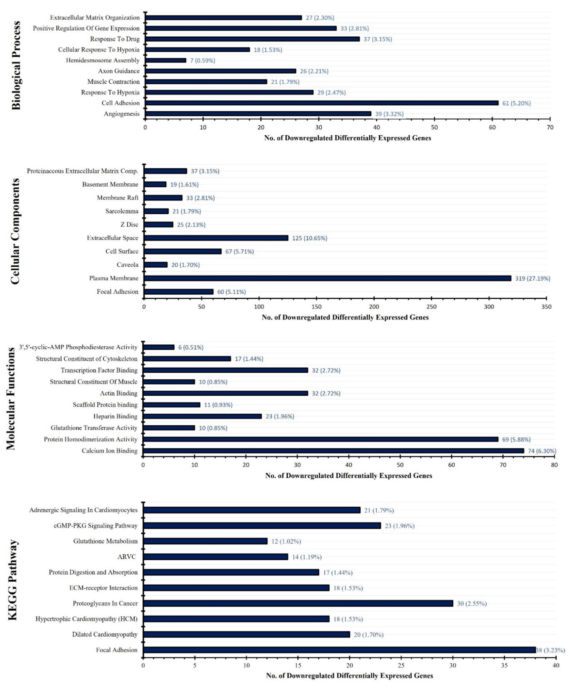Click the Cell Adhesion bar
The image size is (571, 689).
[x=322, y=103]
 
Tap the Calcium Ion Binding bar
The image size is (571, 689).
[x=333, y=451]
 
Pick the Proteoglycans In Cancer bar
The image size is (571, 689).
[x=298, y=603]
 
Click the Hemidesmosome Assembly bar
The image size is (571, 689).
[x=166, y=60]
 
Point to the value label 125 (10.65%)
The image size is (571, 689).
[x=310, y=238]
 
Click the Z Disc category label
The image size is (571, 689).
[x=129, y=225]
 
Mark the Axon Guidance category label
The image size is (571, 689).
[x=119, y=71]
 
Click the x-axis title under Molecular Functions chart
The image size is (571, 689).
[x=349, y=475]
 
